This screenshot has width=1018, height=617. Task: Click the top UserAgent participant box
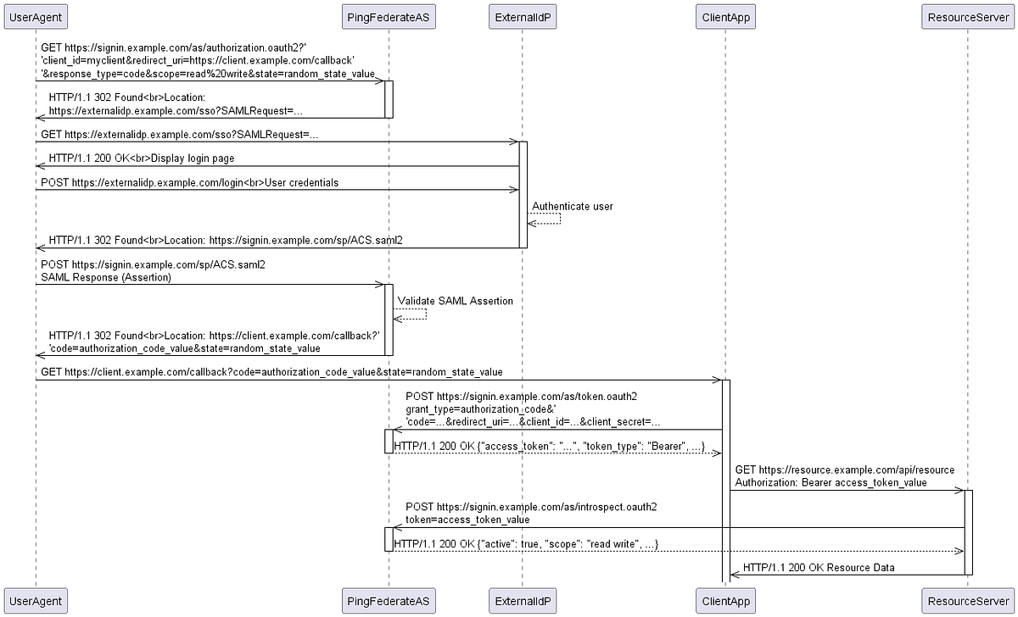point(36,17)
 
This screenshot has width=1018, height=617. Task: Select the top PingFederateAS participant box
point(389,17)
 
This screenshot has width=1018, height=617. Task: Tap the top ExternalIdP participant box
point(523,17)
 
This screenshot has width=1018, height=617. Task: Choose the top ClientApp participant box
point(725,17)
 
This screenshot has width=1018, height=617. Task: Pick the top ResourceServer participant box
point(966,17)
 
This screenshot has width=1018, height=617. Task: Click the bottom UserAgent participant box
point(36,601)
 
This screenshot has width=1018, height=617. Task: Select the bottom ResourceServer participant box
point(966,601)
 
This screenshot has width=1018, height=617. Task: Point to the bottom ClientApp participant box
point(725,601)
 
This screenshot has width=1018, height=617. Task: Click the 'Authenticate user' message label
point(572,206)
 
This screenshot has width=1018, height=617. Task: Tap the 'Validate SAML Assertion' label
point(455,301)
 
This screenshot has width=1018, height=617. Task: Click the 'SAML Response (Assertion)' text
point(106,277)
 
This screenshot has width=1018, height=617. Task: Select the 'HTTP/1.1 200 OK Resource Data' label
point(818,567)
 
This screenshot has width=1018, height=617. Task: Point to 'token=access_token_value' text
point(467,520)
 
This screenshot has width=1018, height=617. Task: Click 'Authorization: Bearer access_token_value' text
point(831,482)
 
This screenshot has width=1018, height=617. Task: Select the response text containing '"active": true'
point(526,543)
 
